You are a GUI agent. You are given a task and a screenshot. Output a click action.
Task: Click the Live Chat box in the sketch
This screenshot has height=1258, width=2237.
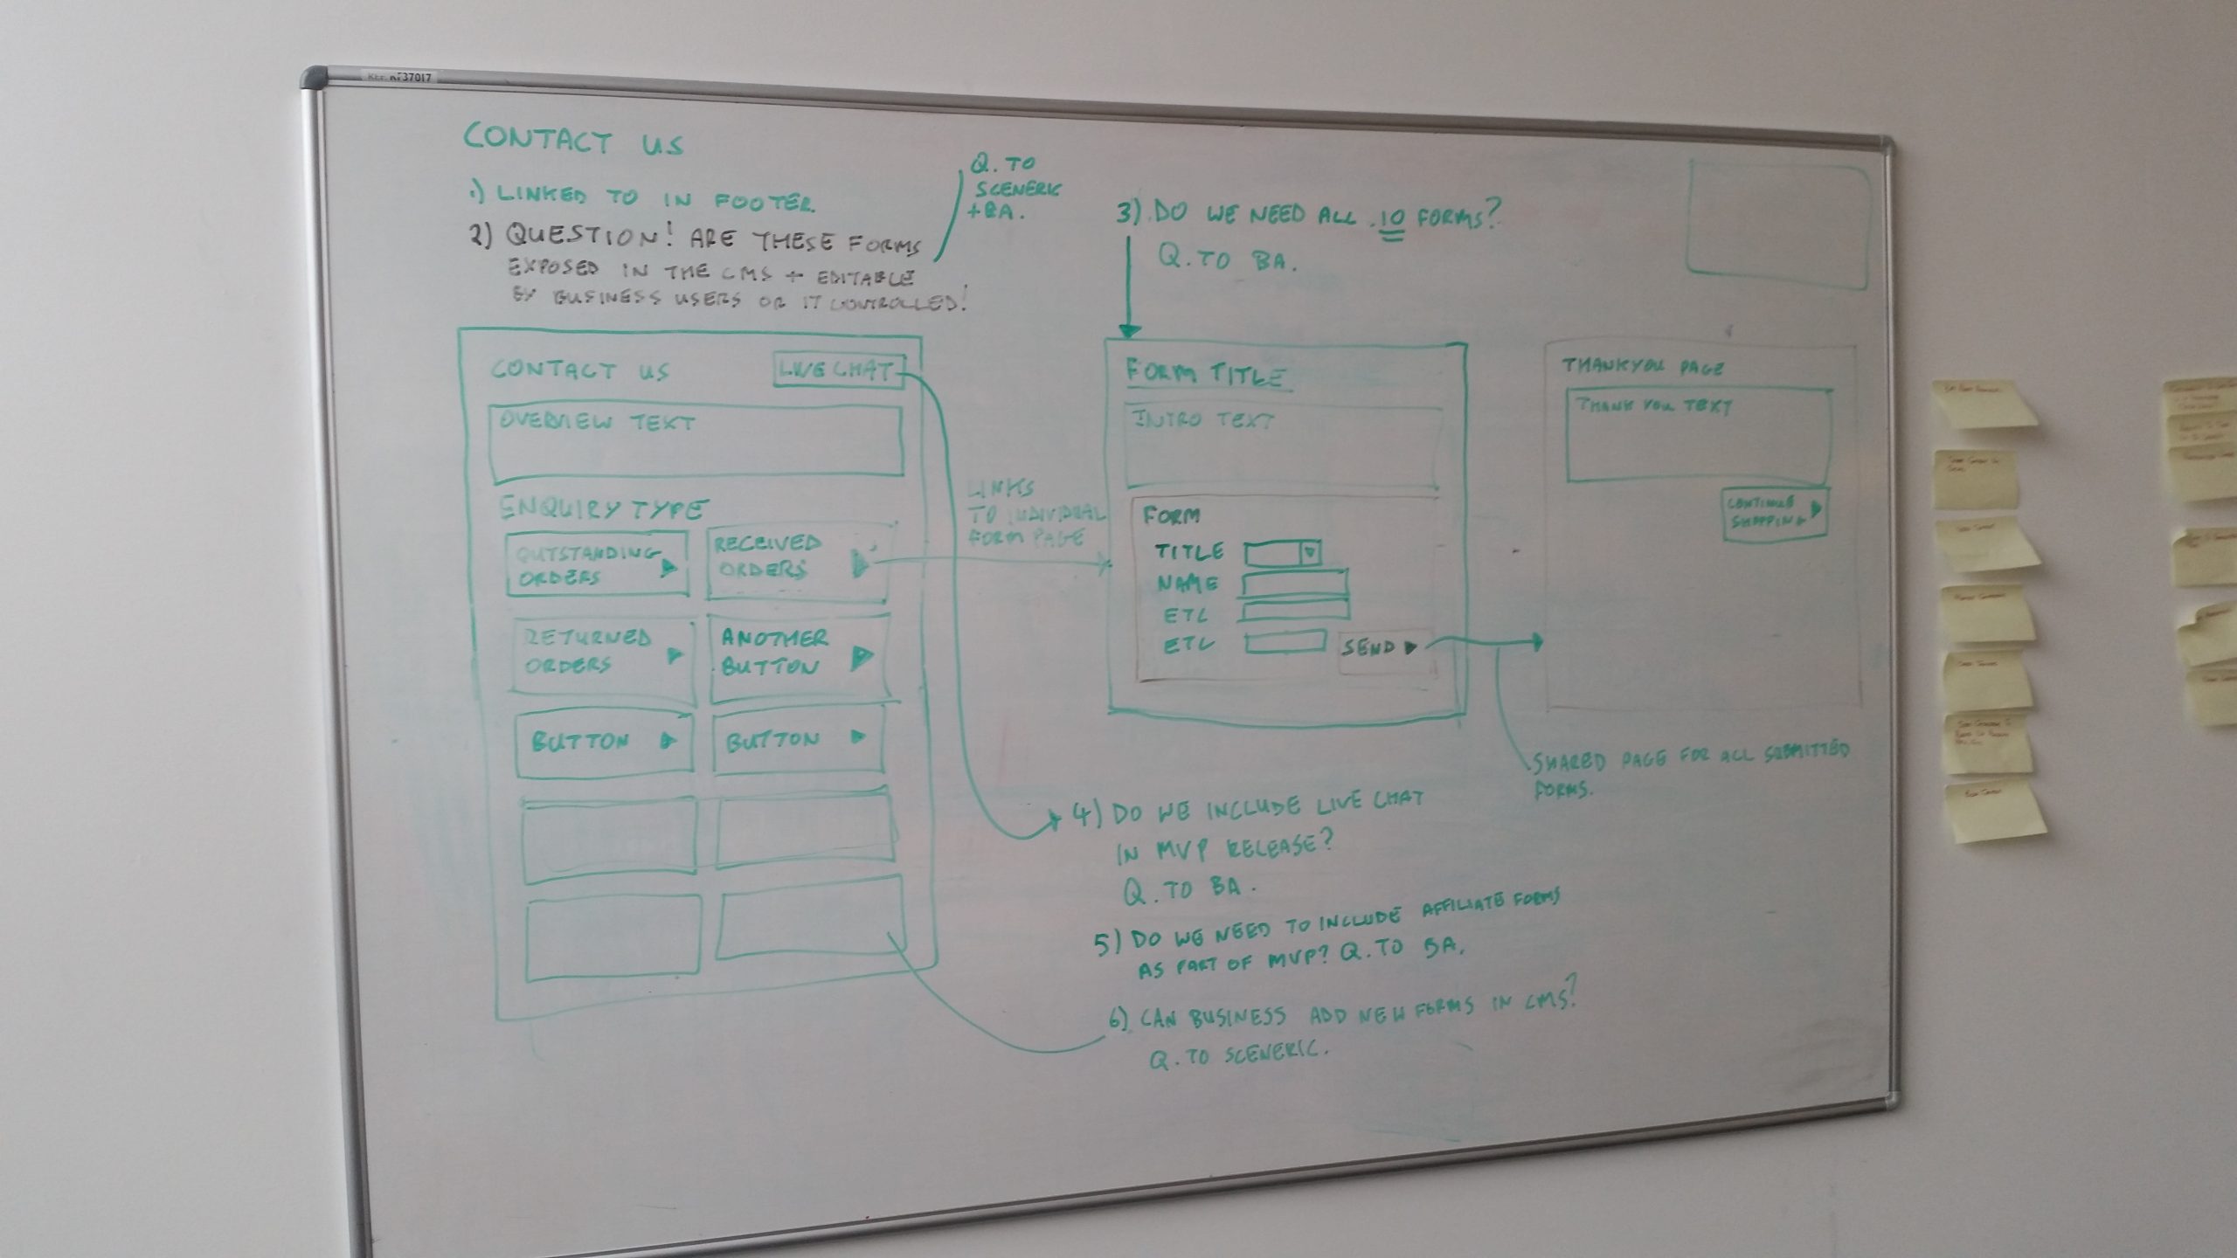click(837, 371)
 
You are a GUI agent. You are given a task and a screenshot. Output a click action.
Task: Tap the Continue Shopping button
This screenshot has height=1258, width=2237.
click(1773, 514)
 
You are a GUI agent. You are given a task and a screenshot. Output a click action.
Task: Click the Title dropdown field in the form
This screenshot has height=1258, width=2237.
click(1282, 553)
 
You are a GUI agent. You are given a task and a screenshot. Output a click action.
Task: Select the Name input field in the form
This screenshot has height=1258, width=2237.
click(1294, 583)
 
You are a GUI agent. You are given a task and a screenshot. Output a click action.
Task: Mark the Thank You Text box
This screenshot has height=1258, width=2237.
click(1697, 435)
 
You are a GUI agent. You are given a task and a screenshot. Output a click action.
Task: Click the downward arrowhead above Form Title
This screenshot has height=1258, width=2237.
click(1130, 330)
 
